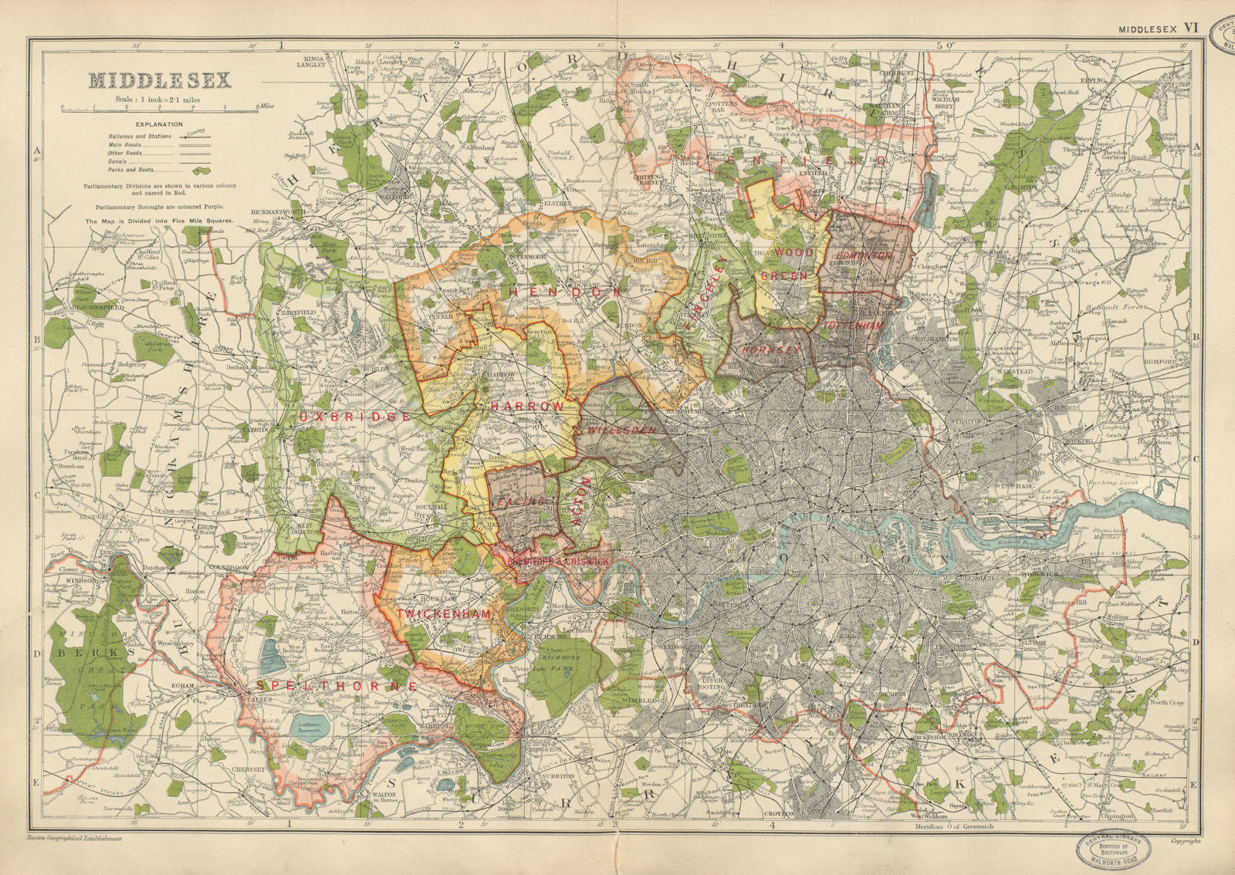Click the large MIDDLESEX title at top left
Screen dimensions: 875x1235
point(160,80)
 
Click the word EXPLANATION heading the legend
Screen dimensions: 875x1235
point(159,124)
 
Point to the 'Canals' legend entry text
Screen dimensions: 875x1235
point(120,161)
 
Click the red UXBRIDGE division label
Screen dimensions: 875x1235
point(356,417)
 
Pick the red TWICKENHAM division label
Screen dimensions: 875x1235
point(444,613)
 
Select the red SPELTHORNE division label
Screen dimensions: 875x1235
point(337,685)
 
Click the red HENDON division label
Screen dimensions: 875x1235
point(565,292)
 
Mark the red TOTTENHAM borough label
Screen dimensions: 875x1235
point(853,326)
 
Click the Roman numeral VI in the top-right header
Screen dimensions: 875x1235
point(1191,27)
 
